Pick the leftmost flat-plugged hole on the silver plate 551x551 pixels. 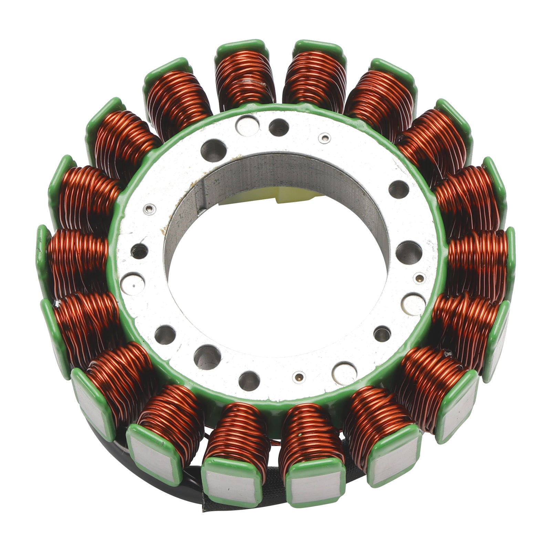point(133,283)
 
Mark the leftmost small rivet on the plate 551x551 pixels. point(149,209)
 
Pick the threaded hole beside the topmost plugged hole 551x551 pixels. point(279,127)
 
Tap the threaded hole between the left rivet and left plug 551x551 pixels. point(140,251)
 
